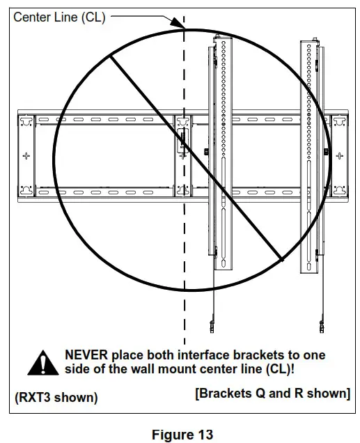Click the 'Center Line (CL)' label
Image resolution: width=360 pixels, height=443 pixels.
coord(59,17)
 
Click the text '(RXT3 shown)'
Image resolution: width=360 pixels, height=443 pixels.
coord(56,398)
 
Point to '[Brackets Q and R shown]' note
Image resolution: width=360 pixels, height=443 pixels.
coord(273,394)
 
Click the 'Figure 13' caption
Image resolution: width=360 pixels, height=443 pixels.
coord(182,435)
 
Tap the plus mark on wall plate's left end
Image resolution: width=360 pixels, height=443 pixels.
coord(26,155)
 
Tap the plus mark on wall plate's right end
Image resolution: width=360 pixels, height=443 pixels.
coord(338,155)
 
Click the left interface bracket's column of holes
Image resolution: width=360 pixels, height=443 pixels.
coord(223,104)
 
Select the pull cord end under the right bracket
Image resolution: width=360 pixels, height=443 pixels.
coord(321,325)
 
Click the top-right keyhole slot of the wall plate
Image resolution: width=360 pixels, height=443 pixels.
coord(338,121)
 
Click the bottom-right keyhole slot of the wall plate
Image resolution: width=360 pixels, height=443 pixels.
coord(338,188)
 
